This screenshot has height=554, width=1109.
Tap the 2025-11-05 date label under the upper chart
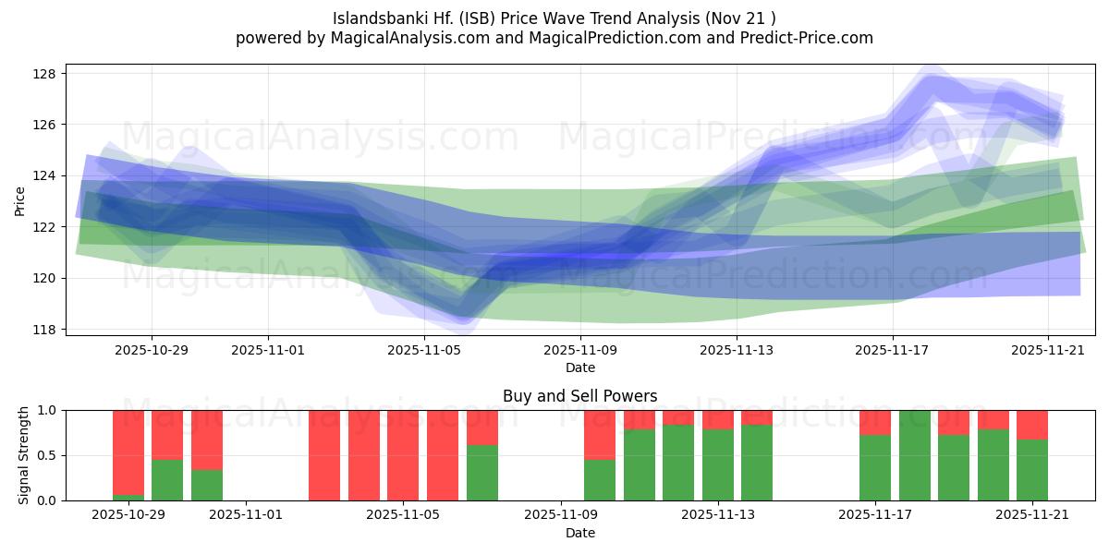point(424,351)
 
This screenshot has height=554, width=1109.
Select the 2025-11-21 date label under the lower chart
point(1031,515)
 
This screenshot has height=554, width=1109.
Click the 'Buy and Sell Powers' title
point(579,396)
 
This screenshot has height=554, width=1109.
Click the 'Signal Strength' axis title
point(24,455)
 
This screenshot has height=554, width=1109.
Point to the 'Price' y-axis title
point(20,200)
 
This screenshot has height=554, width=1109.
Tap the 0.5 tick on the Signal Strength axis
point(46,455)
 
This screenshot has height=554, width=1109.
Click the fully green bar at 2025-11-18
point(915,455)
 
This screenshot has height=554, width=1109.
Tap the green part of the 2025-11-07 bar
point(482,473)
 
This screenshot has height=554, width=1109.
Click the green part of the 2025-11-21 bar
point(1032,470)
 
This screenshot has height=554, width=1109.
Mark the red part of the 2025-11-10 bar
point(600,434)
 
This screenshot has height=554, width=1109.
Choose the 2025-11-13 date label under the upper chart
point(737,351)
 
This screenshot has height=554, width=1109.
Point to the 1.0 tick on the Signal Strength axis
point(46,410)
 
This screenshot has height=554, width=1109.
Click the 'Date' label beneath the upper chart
point(579,368)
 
